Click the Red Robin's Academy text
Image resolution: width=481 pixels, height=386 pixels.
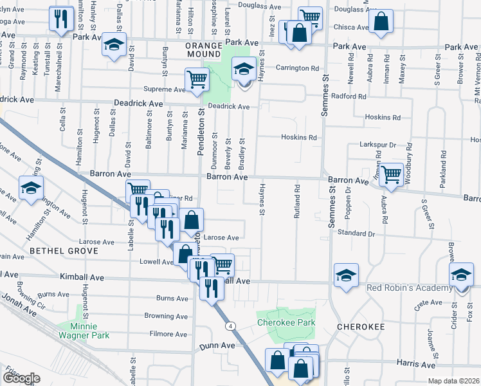(x=409, y=287)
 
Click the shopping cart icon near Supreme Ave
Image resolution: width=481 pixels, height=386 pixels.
(x=197, y=80)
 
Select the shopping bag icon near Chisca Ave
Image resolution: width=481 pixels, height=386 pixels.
(x=381, y=22)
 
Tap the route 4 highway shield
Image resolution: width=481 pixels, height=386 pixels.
(x=230, y=327)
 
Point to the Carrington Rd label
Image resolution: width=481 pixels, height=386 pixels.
(x=298, y=68)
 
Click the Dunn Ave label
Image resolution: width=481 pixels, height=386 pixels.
(x=217, y=345)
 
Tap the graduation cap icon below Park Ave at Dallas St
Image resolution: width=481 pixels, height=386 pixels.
(x=114, y=46)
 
